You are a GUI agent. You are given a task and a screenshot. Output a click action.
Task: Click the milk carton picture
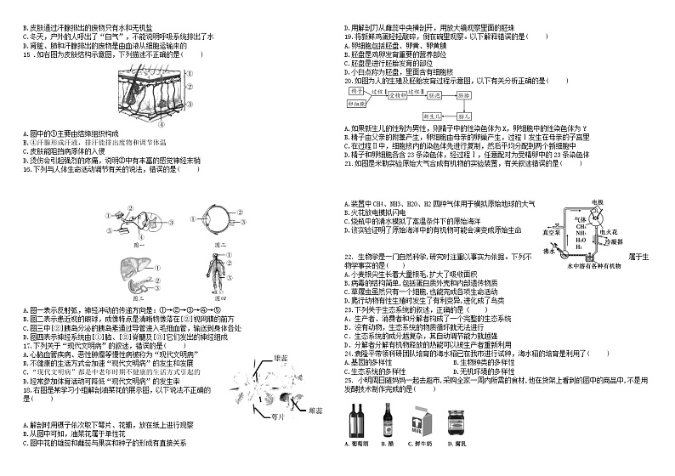(420, 421)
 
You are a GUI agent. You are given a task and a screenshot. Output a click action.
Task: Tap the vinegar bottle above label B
(387, 420)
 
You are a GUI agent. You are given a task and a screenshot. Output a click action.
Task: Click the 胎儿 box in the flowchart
(464, 114)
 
